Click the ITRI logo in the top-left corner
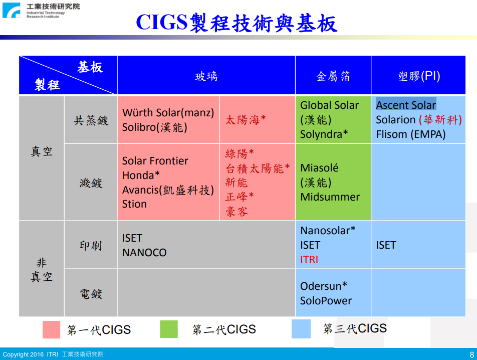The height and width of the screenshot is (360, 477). point(11,11)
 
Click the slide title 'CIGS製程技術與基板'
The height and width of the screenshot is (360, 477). point(236,23)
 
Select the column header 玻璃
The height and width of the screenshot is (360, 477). point(206,76)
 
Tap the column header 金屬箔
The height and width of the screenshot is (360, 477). point(333,76)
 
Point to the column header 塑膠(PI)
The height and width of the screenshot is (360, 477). point(419,76)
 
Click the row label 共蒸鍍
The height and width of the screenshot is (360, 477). point(91,120)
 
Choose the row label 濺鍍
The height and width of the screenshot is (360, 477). point(91,183)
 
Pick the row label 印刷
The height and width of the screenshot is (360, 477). point(91,245)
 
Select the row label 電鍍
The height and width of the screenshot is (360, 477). point(91,294)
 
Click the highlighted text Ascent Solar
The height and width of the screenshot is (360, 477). point(406,105)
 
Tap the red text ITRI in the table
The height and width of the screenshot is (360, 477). point(309,260)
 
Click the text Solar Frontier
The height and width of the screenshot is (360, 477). point(155,160)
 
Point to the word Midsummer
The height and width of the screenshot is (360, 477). point(330,197)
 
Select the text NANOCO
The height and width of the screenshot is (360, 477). point(144,253)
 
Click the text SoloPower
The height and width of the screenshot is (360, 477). point(326,301)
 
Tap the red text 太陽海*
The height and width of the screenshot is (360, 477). point(246,120)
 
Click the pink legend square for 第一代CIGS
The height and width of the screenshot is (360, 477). point(52,329)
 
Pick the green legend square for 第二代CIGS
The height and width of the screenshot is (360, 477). point(169,329)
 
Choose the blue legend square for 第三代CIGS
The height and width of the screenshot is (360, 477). point(301,329)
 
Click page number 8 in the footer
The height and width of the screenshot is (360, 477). point(471,354)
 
